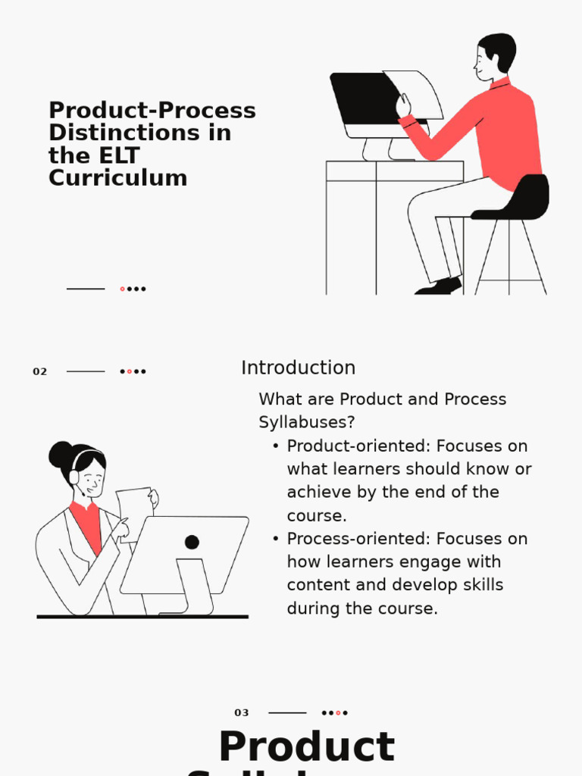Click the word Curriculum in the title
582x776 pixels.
[x=117, y=178]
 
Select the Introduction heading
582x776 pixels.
[x=298, y=368]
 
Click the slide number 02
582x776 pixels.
[x=39, y=372]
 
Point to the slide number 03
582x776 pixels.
[x=242, y=713]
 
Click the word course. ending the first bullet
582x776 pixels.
[x=316, y=515]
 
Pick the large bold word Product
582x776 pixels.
[x=306, y=747]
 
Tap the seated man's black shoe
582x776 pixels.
[x=440, y=287]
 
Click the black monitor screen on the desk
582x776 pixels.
[x=364, y=99]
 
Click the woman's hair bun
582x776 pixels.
[x=60, y=455]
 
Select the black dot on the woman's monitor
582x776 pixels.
[x=192, y=542]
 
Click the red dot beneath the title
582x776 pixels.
[x=122, y=289]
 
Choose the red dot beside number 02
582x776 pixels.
[x=129, y=372]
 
